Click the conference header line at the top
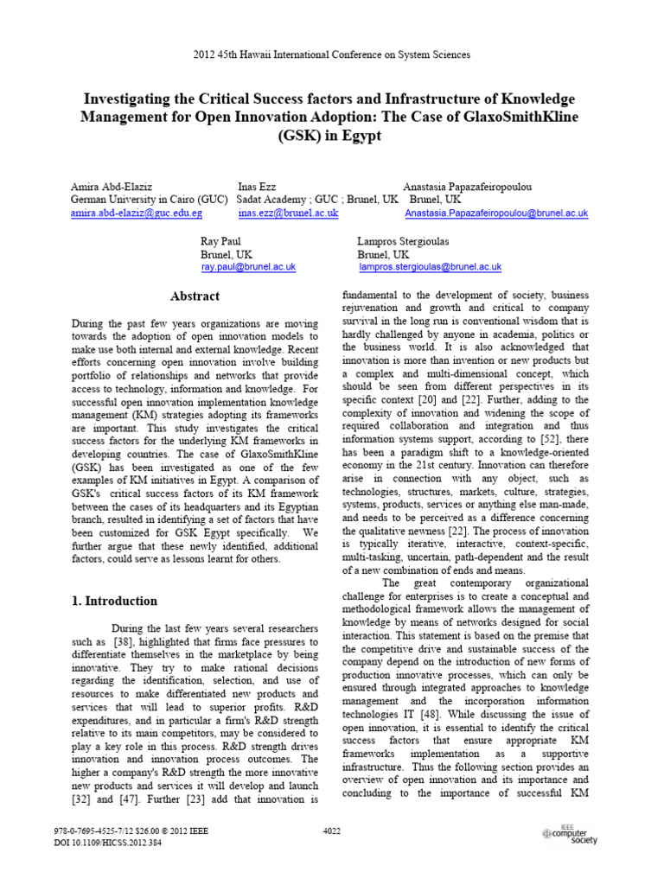331,54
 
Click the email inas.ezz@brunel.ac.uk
288,213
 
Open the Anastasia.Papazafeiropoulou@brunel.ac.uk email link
495,213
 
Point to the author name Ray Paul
220,242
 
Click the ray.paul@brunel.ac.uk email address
248,268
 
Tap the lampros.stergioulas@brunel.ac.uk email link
430,268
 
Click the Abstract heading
195,296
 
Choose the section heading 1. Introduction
114,601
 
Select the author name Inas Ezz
259,187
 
